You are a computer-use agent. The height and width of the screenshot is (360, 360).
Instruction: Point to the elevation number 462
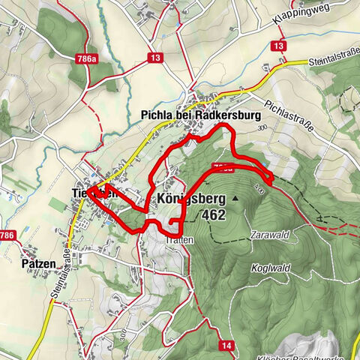[213, 214]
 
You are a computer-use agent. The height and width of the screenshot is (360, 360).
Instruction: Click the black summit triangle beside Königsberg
[235, 198]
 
